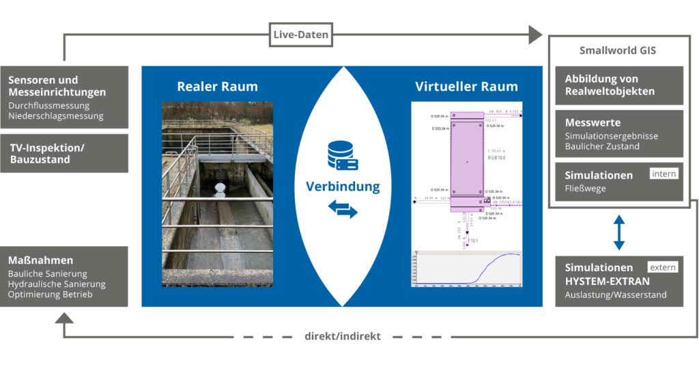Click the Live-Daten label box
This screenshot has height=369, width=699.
coord(301,35)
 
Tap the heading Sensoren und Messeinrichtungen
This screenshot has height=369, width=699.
coord(57,86)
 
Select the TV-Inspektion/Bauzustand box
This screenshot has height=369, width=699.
coord(64,153)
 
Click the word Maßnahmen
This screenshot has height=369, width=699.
coord(41,260)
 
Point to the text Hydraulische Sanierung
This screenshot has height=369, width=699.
coord(57,284)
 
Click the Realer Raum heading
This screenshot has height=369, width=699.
coord(217,87)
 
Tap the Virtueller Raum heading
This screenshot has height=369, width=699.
coord(466,87)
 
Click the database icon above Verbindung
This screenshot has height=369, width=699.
coord(342,154)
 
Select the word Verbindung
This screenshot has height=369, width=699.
coord(343,186)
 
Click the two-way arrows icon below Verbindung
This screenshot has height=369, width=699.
coord(343,210)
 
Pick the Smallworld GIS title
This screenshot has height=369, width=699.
coord(617,51)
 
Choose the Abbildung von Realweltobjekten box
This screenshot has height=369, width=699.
coord(619,85)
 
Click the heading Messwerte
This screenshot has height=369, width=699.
coord(593,123)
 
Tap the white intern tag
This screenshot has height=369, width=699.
coord(664,174)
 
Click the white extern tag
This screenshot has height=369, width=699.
coord(662,267)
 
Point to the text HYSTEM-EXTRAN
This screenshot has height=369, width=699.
coord(608,281)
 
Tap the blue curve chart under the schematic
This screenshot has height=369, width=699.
coord(466,269)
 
